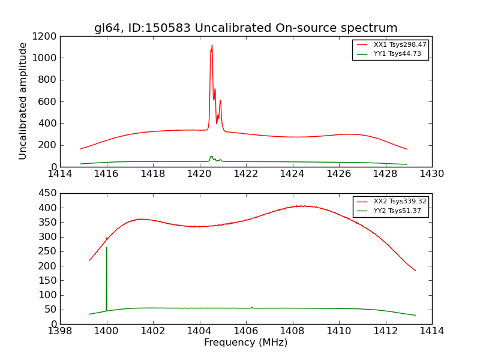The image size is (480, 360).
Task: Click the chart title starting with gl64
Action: (245, 28)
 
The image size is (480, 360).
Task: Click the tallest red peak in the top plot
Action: (212, 46)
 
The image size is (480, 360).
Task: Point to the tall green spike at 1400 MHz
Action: (107, 248)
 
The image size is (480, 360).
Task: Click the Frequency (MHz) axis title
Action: (245, 343)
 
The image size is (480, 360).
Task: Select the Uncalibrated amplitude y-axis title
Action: (23, 101)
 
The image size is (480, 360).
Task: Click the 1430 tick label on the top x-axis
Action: (431, 173)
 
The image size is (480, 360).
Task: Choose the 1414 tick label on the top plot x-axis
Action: (60, 173)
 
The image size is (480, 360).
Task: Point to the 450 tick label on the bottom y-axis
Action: (47, 194)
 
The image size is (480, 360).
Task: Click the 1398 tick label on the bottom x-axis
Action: (60, 331)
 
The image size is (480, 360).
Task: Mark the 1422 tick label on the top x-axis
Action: (246, 173)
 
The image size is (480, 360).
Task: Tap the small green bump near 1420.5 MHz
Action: (211, 157)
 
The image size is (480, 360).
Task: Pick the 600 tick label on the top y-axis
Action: (47, 101)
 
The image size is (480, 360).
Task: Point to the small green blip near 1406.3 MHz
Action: (252, 307)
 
